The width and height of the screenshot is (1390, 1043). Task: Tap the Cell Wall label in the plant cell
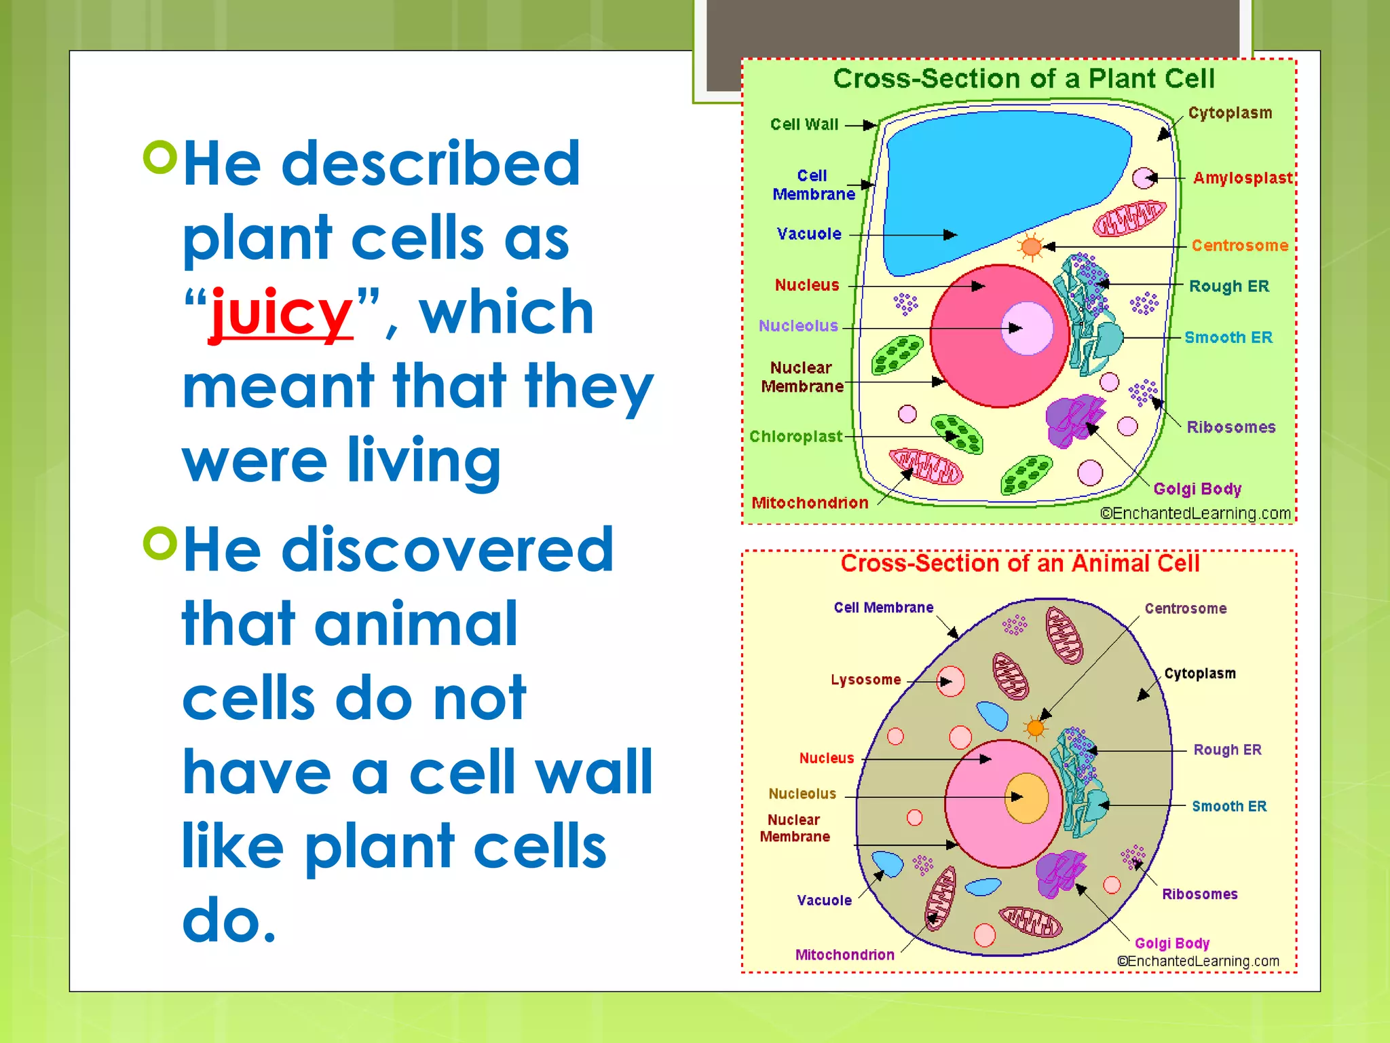tap(804, 124)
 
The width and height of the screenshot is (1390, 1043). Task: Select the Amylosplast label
tap(1243, 178)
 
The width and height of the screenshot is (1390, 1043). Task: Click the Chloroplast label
tap(795, 436)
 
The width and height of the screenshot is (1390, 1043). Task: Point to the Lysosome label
tap(865, 680)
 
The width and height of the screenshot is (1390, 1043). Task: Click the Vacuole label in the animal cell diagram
tap(824, 900)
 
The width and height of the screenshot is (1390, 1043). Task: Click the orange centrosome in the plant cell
tap(1031, 246)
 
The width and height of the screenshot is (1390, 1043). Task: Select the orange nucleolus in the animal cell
tap(1026, 798)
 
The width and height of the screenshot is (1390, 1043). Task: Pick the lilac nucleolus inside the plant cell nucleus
tap(1027, 329)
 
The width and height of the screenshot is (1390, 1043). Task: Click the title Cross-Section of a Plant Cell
tap(1023, 79)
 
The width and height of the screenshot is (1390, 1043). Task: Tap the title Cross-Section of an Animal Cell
tap(1020, 564)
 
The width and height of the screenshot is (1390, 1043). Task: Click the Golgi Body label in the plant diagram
tap(1197, 489)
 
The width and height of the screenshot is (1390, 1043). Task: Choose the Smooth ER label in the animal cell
tap(1229, 806)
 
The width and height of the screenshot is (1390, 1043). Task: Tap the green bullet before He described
tap(160, 157)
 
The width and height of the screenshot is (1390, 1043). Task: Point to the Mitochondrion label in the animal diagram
tap(844, 955)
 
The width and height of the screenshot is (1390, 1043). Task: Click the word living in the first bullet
tap(424, 462)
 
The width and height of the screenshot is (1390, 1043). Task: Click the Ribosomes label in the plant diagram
tap(1231, 427)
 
